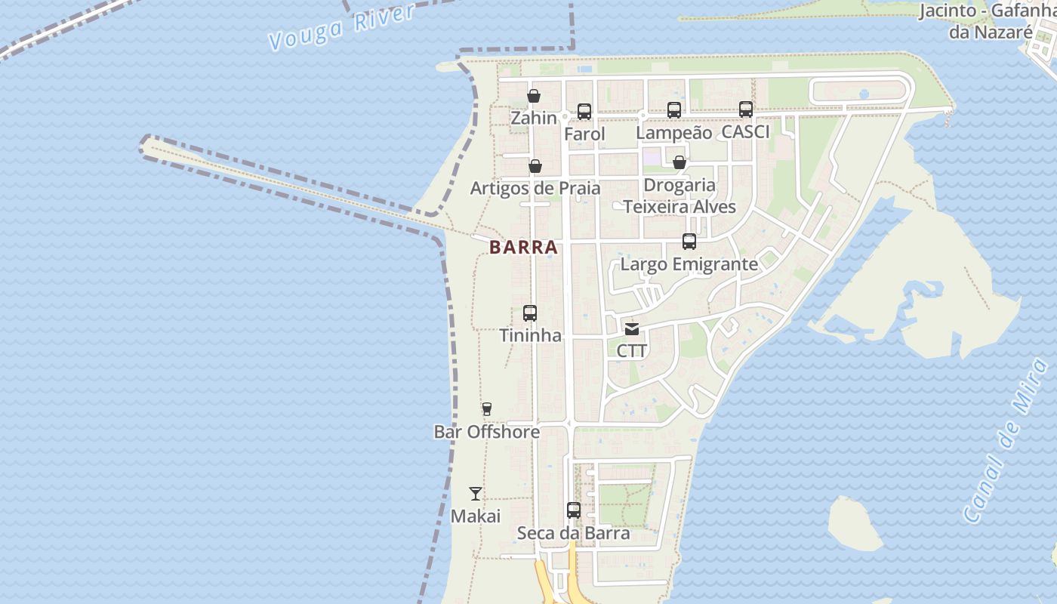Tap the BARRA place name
tap(523, 247)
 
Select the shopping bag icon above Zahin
tap(534, 96)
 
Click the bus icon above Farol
tap(584, 112)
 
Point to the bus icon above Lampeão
tap(674, 109)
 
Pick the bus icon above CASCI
tap(746, 109)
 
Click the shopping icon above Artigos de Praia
tap(535, 166)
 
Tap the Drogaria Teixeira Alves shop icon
tap(679, 162)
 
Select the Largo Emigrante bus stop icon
tap(689, 242)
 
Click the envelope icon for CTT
tap(632, 329)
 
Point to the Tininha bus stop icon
tap(530, 313)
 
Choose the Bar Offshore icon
tap(487, 409)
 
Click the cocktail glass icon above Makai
tap(476, 494)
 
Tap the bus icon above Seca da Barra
tap(574, 510)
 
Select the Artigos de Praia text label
tap(535, 188)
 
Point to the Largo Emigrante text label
tap(689, 264)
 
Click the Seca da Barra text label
tap(573, 533)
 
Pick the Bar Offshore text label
tap(487, 432)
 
